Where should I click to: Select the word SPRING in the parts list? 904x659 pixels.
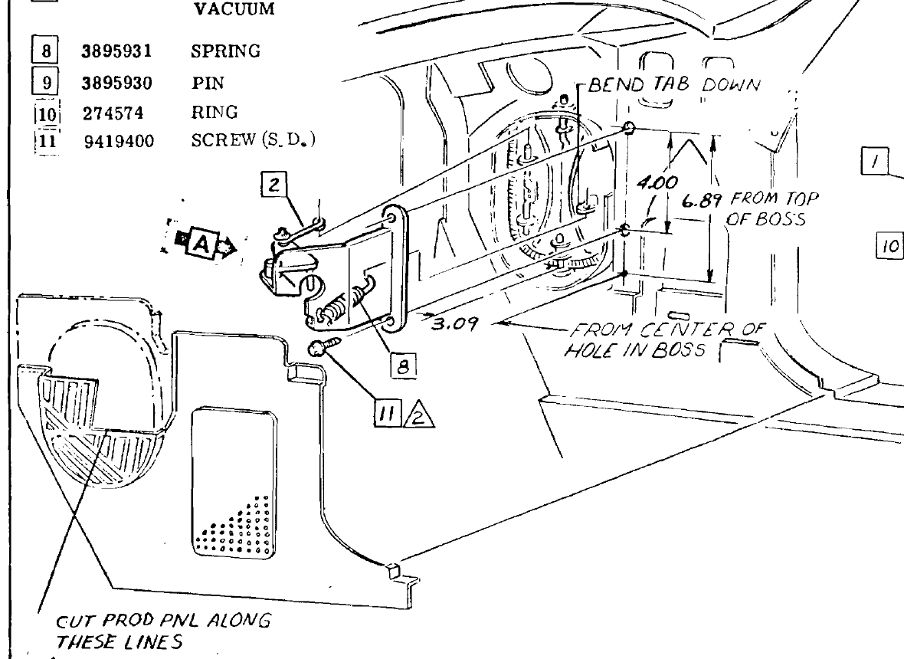click(224, 52)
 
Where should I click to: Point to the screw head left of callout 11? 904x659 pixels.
click(317, 350)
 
